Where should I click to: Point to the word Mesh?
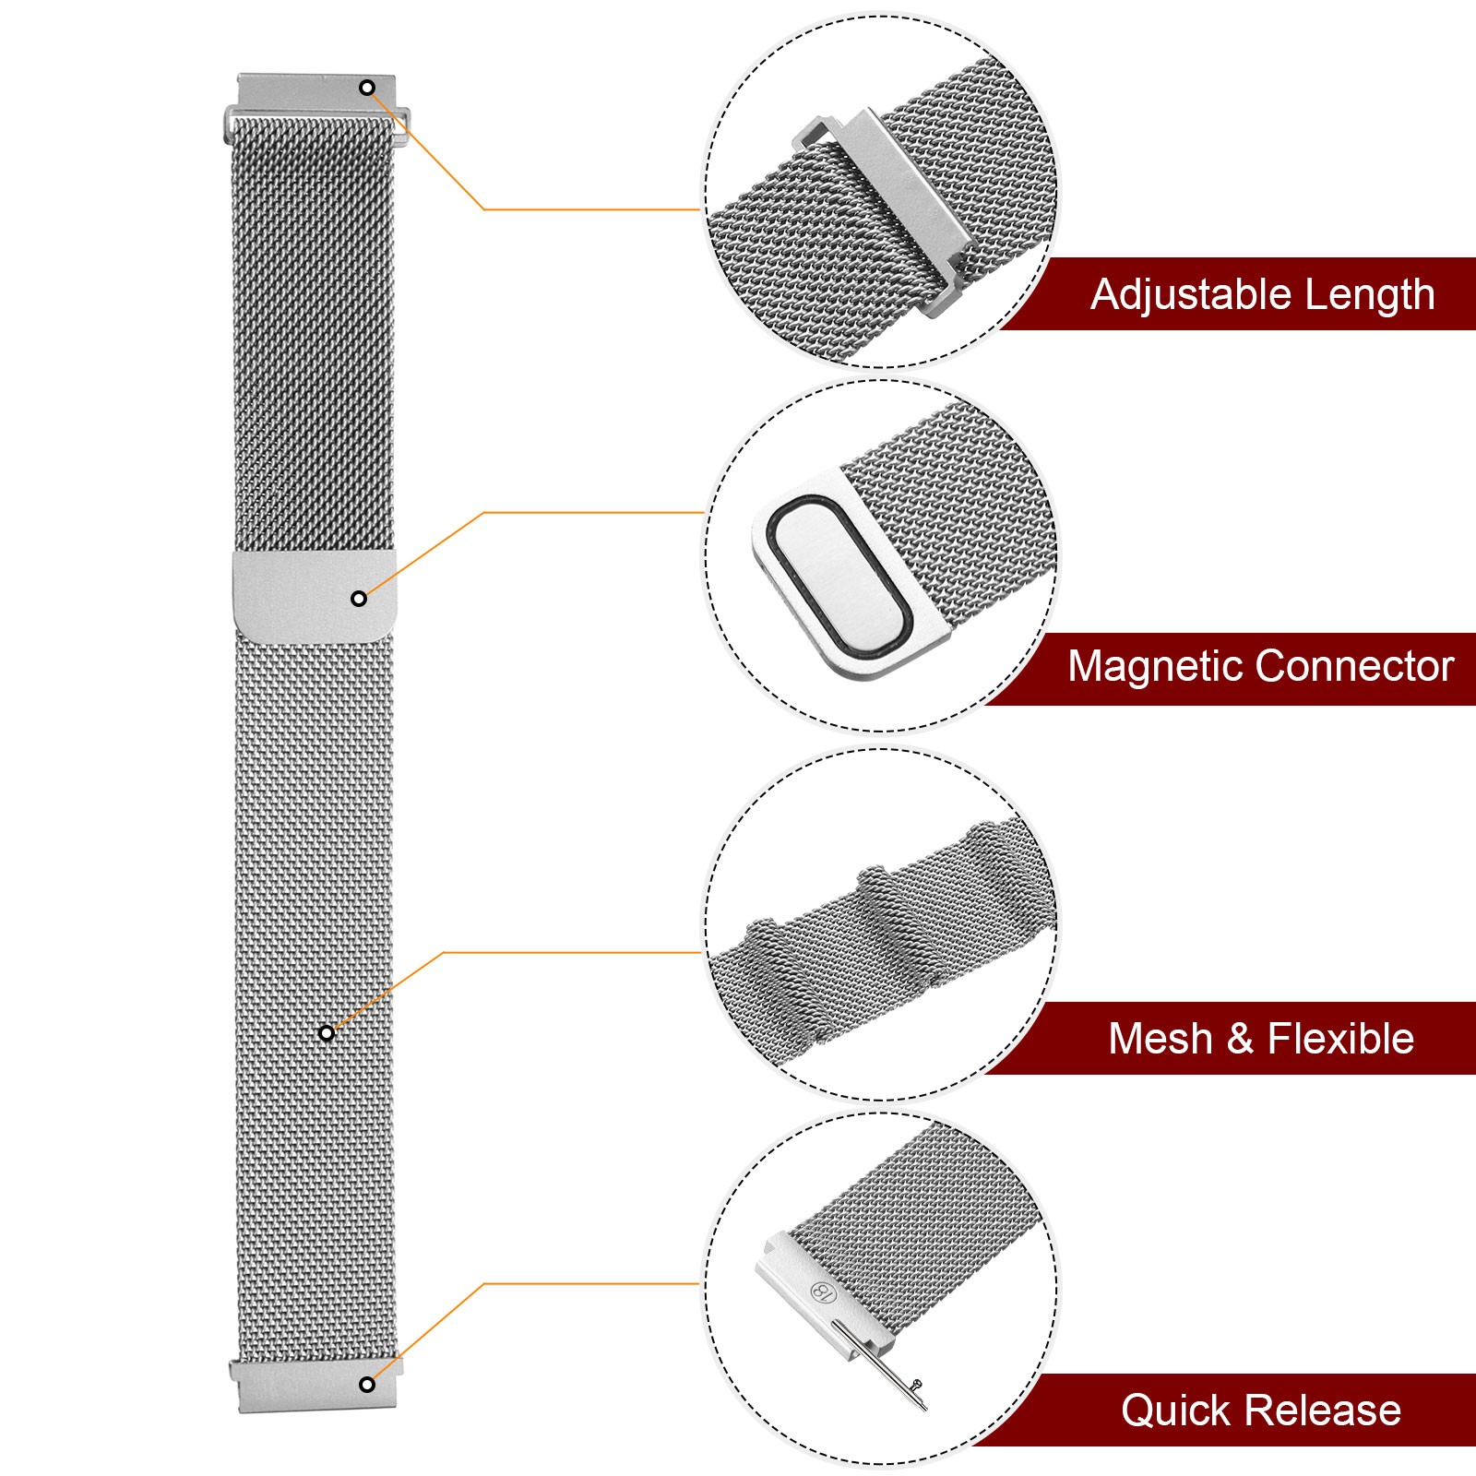tap(1160, 1039)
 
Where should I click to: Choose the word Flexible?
tap(1340, 1039)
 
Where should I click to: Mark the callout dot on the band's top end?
tap(367, 88)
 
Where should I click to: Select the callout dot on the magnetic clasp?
tap(359, 599)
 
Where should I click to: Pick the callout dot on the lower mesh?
tap(327, 1033)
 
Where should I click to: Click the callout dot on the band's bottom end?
tap(367, 1384)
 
